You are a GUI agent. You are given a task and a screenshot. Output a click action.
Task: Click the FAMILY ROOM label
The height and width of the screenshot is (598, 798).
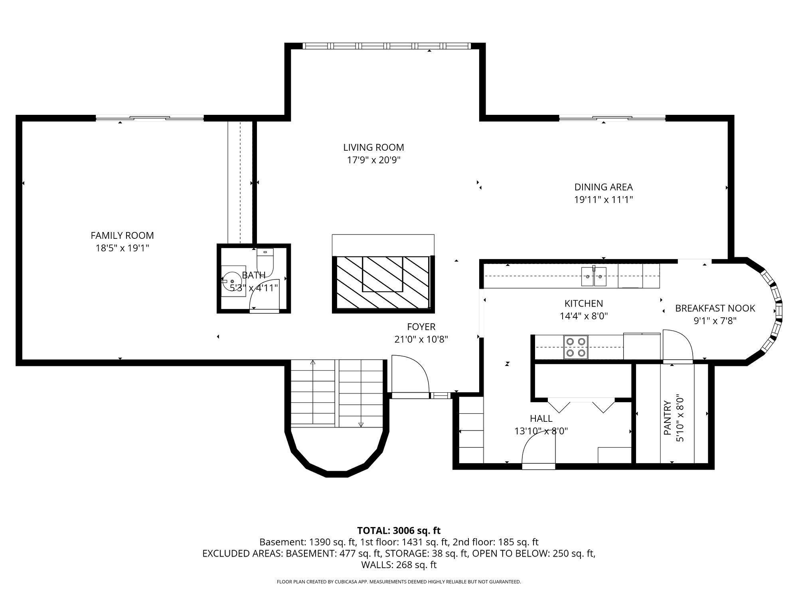pyautogui.click(x=122, y=236)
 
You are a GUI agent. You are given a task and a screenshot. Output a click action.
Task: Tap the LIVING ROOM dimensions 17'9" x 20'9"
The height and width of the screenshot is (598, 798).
pyautogui.click(x=373, y=160)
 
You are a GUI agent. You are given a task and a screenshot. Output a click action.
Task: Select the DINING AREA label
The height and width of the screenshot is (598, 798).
pyautogui.click(x=603, y=187)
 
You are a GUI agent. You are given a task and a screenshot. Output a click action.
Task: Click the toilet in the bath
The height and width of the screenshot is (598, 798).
pyautogui.click(x=265, y=262)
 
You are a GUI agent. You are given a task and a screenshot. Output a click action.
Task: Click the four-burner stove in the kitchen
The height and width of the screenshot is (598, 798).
pyautogui.click(x=576, y=347)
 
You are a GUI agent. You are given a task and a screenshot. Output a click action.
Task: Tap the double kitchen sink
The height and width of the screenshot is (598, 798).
pyautogui.click(x=594, y=277)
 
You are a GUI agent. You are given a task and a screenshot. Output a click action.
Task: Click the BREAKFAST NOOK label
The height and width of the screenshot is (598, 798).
pyautogui.click(x=715, y=308)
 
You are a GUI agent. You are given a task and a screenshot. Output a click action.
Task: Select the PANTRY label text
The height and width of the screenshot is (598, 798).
pyautogui.click(x=668, y=418)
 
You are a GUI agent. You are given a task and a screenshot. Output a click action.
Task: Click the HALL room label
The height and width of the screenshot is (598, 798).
pyautogui.click(x=541, y=419)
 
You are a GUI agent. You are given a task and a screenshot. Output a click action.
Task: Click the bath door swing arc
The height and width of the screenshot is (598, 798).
pyautogui.click(x=263, y=297)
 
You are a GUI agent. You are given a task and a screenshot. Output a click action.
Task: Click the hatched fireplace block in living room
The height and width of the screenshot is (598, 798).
pyautogui.click(x=383, y=283)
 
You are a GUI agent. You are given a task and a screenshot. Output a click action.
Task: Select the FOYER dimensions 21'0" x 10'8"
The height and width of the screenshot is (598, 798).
pyautogui.click(x=421, y=339)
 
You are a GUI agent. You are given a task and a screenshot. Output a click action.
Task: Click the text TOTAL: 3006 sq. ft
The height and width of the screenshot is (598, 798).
pyautogui.click(x=399, y=531)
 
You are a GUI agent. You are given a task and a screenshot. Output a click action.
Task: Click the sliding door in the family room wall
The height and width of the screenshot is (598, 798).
pyautogui.click(x=150, y=118)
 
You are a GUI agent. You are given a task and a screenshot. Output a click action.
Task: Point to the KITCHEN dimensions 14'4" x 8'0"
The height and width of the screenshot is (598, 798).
pyautogui.click(x=583, y=316)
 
